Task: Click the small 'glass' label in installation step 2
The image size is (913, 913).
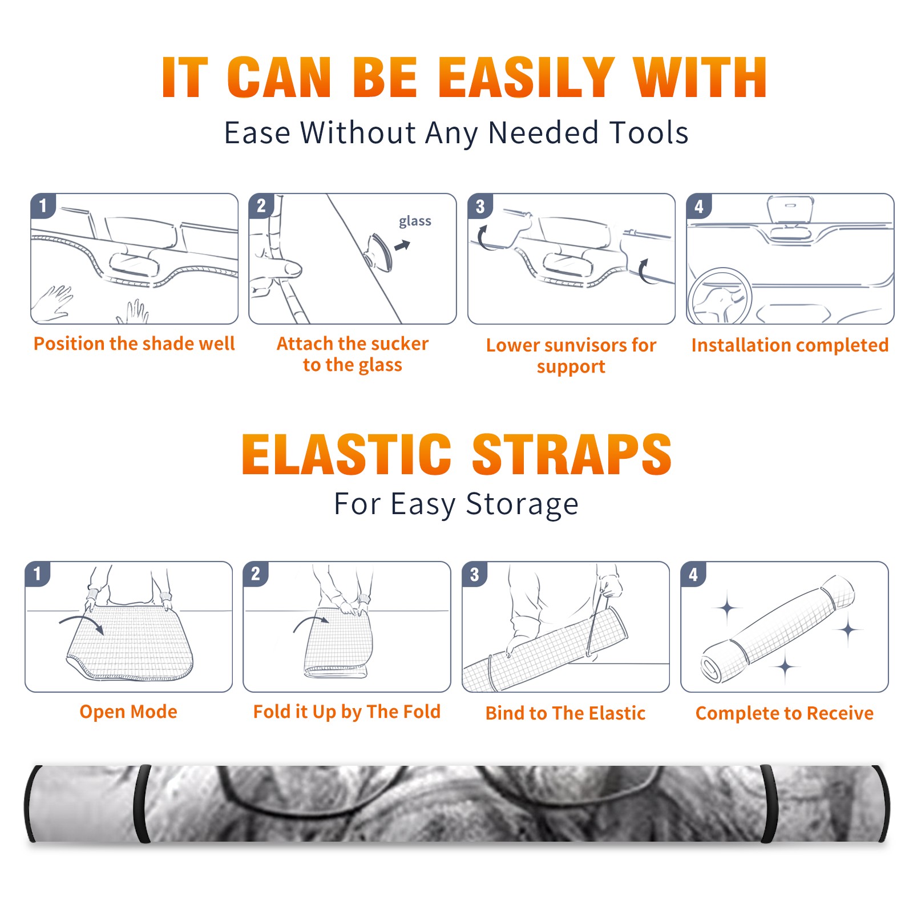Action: pyautogui.click(x=415, y=221)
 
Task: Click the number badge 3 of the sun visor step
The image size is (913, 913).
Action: pyautogui.click(x=480, y=207)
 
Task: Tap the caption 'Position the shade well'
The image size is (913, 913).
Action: pyautogui.click(x=134, y=344)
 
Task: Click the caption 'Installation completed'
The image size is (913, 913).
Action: pyautogui.click(x=790, y=345)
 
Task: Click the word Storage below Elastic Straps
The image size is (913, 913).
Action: pyautogui.click(x=522, y=504)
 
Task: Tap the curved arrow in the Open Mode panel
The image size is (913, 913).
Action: pyautogui.click(x=82, y=623)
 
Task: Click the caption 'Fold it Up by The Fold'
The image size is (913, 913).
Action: pyautogui.click(x=347, y=712)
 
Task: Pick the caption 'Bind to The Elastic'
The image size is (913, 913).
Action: pyautogui.click(x=565, y=713)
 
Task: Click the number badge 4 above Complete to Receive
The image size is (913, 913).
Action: pyautogui.click(x=693, y=574)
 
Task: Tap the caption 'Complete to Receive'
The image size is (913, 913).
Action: pyautogui.click(x=785, y=713)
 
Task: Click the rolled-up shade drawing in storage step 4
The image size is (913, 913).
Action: pyautogui.click(x=778, y=629)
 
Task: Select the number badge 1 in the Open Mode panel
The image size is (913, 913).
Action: pyautogui.click(x=38, y=573)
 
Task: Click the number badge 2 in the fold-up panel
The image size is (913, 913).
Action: pyautogui.click(x=256, y=573)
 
